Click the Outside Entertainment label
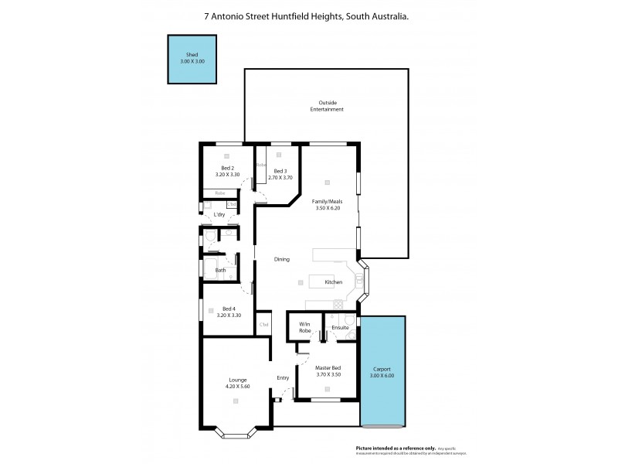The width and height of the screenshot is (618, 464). point(327,106)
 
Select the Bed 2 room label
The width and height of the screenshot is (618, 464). point(227,169)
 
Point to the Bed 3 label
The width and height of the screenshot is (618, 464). point(280,171)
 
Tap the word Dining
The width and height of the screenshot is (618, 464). point(282,259)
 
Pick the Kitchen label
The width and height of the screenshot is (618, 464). point(334,282)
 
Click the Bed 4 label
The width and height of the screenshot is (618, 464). point(228,309)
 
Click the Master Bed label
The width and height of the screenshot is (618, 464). point(328,368)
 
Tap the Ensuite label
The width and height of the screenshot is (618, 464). point(341,328)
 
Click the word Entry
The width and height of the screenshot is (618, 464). point(283,377)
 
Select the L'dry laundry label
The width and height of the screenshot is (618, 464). point(219,214)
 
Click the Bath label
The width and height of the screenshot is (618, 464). point(220,270)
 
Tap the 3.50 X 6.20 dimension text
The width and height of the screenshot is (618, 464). point(327,208)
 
